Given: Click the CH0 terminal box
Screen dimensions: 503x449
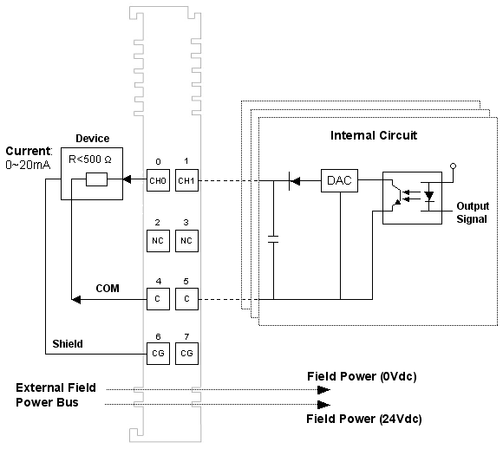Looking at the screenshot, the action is (x=158, y=180).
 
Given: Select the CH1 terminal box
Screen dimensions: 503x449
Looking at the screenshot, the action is (x=186, y=180).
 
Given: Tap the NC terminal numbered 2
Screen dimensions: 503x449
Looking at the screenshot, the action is (x=158, y=241).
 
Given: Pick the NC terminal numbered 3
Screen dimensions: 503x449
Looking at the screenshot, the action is (x=186, y=241).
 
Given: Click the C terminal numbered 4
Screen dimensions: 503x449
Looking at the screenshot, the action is (x=158, y=299).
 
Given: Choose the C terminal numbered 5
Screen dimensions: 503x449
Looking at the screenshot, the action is (x=186, y=299).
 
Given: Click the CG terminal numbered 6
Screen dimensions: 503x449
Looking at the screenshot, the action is (x=158, y=354).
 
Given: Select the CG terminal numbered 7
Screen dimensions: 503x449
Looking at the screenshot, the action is (x=186, y=354).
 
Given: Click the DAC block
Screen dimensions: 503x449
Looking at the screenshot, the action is (x=339, y=180).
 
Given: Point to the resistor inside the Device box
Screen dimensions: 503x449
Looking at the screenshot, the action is (x=96, y=179).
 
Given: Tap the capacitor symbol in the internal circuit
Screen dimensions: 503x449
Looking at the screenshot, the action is (x=273, y=239).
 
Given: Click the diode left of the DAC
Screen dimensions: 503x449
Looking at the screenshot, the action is (x=294, y=181).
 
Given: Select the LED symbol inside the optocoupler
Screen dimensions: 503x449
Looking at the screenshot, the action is (x=429, y=196).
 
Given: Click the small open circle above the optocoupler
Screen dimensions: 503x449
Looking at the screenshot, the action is (x=453, y=166).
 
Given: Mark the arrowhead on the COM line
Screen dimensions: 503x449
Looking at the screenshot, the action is (x=76, y=300).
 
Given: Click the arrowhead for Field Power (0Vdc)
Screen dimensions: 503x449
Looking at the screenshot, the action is (x=323, y=390).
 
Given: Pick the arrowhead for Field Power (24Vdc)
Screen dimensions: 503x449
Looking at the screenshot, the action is (x=323, y=405).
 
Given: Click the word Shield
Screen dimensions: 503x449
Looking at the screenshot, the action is (x=68, y=344).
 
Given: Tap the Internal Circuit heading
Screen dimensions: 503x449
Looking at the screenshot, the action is (x=374, y=135).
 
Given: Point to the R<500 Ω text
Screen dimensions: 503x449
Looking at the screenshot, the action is (x=90, y=159).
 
